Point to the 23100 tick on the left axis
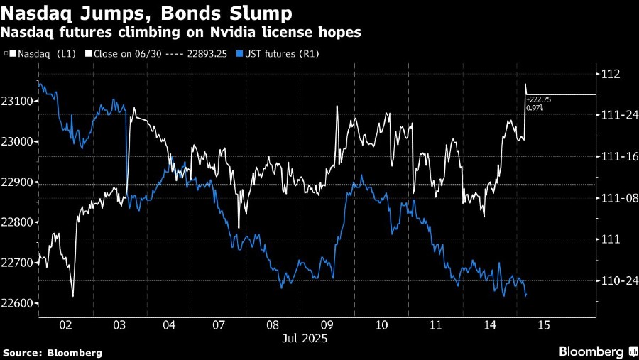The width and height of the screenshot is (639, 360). point(18,102)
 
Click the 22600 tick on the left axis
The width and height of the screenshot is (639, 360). point(18,304)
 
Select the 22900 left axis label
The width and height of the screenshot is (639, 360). point(18,182)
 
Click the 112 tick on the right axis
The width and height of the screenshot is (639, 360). point(611,74)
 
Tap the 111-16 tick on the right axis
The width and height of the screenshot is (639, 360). point(616,156)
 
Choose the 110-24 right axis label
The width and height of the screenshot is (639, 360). point(616,281)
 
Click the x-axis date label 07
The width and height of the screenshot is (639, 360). point(218,324)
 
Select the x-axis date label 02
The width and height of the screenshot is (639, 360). point(65,324)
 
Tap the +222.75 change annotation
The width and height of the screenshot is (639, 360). point(538,100)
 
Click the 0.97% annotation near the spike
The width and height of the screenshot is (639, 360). point(535,108)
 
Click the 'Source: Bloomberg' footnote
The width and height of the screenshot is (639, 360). point(53,352)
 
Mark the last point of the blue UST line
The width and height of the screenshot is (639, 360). point(525,295)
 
